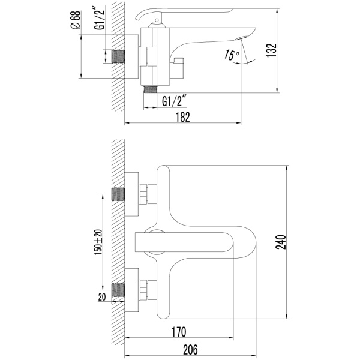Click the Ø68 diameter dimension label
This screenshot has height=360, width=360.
click(76, 20)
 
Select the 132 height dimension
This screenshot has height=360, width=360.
click(272, 50)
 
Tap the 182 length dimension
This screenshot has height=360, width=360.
click(183, 117)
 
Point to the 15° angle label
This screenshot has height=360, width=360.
click(232, 55)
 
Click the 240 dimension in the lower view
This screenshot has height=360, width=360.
click(281, 242)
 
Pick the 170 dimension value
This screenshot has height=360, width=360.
click(179, 332)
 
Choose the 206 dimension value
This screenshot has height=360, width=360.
click(190, 350)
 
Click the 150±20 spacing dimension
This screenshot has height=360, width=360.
click(98, 242)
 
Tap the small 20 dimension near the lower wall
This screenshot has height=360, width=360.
click(102, 296)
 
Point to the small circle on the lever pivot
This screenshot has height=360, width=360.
click(157, 20)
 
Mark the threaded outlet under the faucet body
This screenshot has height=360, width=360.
click(151, 89)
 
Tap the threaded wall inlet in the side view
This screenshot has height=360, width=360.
click(118, 56)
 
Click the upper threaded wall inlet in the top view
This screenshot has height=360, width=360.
click(118, 194)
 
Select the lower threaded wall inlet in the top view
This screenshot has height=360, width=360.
click(118, 290)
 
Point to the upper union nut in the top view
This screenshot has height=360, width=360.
click(143, 194)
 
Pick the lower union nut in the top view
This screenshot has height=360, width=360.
click(143, 290)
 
